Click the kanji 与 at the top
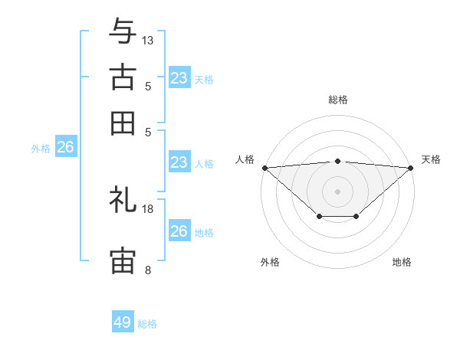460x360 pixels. coord(123,31)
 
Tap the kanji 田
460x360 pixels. coord(123,123)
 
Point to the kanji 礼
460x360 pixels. coord(123,200)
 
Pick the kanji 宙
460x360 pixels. coord(123,261)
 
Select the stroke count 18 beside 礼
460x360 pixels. coord(148,208)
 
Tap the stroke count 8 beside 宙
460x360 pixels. coord(148,270)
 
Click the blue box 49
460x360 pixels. coord(123,322)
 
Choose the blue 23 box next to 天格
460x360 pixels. coord(179,78)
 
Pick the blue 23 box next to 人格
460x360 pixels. coord(179,162)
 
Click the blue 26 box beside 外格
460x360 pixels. coord(65,147)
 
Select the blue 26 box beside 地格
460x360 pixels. coord(179,231)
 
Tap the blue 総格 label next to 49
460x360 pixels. coord(147,324)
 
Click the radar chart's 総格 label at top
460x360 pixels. coord(337,100)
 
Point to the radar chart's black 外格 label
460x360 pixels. coord(270,262)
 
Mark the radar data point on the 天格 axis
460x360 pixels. coord(411,167)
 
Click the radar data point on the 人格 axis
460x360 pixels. coord(264,167)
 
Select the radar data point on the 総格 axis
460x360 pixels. coord(337,161)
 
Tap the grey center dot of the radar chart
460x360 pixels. coord(337,190)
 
